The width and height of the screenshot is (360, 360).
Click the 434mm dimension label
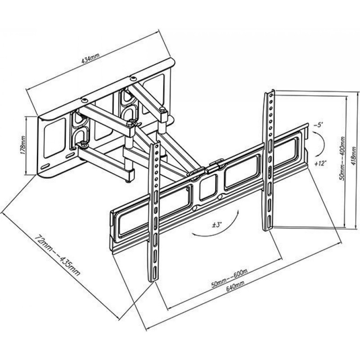[91, 58]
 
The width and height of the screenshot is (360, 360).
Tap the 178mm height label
[23, 145]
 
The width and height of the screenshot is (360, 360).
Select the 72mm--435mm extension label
[58, 255]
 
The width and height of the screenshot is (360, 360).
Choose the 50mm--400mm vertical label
[342, 158]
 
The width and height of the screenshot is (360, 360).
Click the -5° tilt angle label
[318, 126]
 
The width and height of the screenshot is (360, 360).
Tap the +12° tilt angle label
[321, 164]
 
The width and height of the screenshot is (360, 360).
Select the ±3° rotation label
[216, 225]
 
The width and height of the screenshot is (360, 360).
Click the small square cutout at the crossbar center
[208, 187]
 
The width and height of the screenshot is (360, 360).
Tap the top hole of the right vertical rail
[272, 95]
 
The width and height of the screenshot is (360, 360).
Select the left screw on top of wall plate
[85, 100]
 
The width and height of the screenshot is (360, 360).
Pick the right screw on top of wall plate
[133, 79]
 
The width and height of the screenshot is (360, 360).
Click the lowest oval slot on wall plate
[45, 166]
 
